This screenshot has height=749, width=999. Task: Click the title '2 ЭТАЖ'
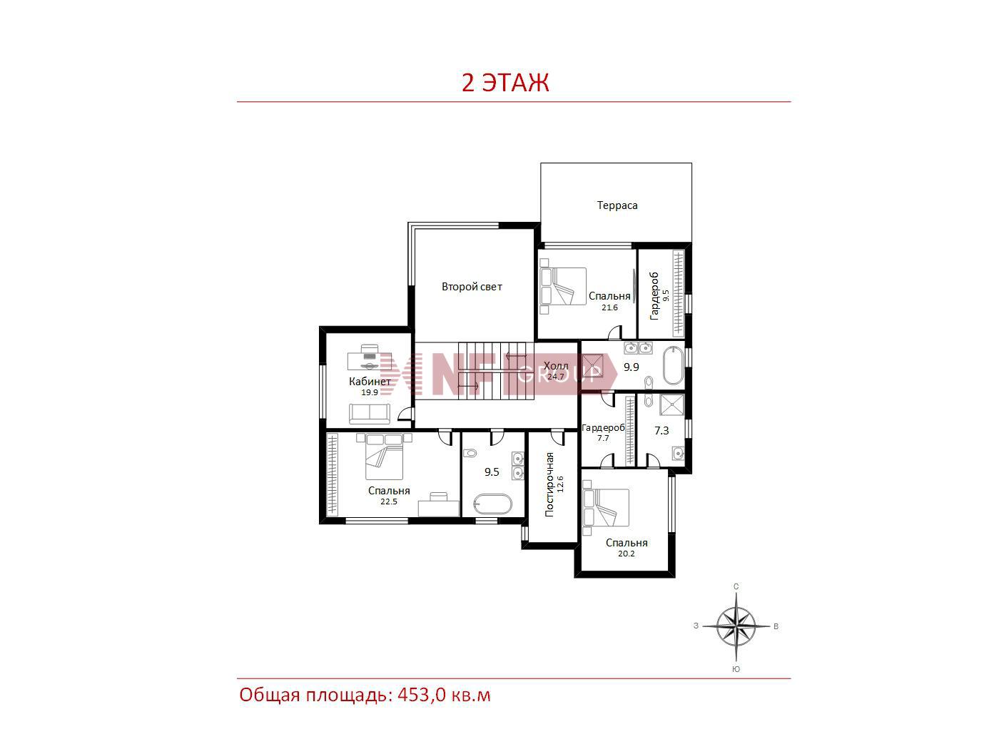(505, 83)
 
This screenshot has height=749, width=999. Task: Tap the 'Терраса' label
(617, 205)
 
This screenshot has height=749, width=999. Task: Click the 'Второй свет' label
(472, 287)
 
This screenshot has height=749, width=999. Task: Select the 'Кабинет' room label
(370, 381)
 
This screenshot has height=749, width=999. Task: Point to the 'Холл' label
(556, 366)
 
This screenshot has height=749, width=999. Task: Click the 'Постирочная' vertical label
(549, 484)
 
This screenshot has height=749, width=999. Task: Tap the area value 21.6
(609, 307)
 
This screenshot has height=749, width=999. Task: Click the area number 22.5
(389, 501)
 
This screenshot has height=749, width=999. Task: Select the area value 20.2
(627, 554)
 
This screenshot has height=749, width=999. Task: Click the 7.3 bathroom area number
(661, 430)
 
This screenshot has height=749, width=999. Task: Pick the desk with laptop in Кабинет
(369, 357)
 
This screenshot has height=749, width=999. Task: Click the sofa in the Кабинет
(370, 414)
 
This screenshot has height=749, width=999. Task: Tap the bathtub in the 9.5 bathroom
(492, 504)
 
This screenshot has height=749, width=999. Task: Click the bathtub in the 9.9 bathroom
(673, 366)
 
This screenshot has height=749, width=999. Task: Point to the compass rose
(736, 627)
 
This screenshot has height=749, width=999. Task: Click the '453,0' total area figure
(422, 695)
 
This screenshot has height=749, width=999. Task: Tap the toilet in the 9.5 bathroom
(470, 453)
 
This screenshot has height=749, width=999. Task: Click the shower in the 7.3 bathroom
(671, 404)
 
